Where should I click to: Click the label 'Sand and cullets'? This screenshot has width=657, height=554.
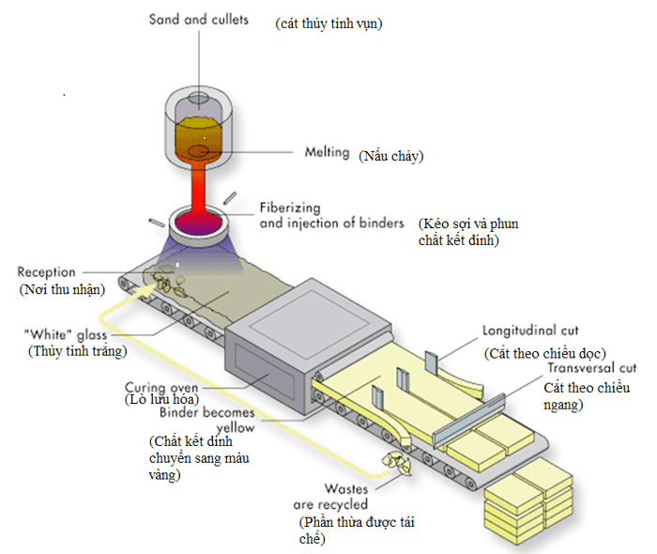pos(199,20)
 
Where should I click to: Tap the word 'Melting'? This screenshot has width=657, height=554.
pos(327,152)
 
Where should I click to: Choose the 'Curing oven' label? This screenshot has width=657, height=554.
pos(160,386)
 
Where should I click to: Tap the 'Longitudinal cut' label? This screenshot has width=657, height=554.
pos(531,331)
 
